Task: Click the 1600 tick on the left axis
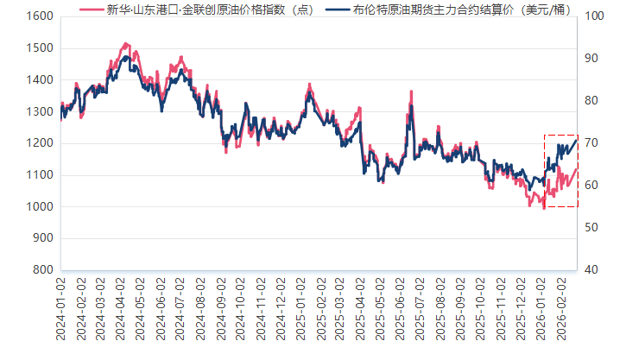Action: coord(36,16)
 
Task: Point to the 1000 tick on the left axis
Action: coord(36,207)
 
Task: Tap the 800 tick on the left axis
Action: coord(40,270)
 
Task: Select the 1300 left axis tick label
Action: coord(36,111)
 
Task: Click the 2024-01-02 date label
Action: coord(61,308)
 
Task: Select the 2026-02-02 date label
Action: coord(560,308)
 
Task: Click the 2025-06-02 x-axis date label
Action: coord(400,308)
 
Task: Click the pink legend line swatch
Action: coord(91,9)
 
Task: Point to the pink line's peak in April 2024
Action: coord(126,42)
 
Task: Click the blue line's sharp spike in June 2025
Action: coord(411,105)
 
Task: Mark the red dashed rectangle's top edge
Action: coord(560,135)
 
